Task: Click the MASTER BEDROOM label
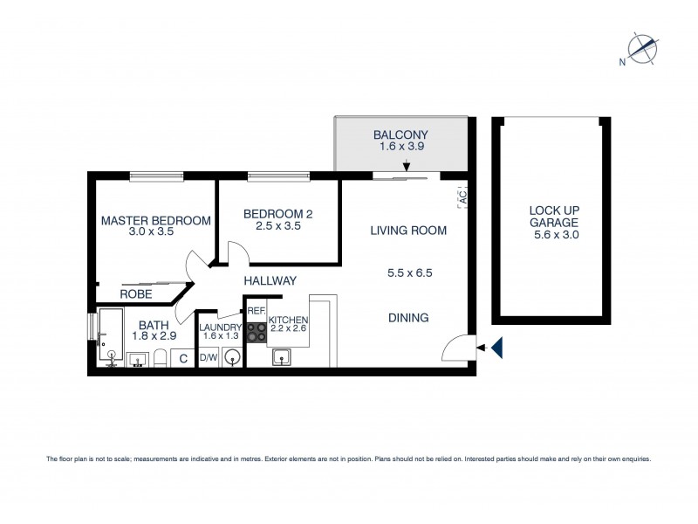[155, 221]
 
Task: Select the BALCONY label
[400, 134]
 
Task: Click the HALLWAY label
[270, 280]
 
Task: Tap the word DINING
[408, 318]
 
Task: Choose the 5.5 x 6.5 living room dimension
[410, 272]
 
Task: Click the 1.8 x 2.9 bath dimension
[153, 335]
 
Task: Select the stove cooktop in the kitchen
[257, 332]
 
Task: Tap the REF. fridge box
[256, 311]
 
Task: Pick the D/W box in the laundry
[208, 357]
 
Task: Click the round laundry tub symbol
[230, 357]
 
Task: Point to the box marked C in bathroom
[183, 357]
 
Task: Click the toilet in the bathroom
[161, 358]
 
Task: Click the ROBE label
[137, 294]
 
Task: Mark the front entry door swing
[456, 348]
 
